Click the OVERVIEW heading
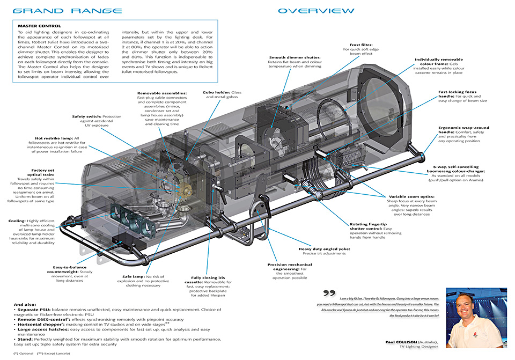(x=316, y=11)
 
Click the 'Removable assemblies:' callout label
(x=162, y=93)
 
